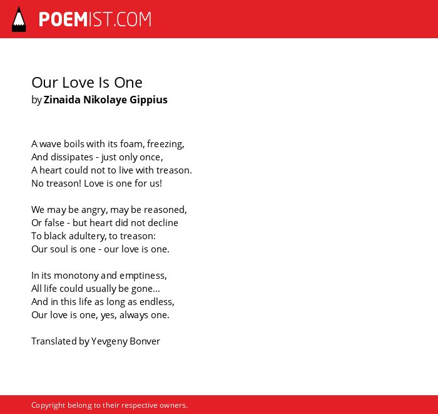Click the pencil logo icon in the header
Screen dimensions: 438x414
click(x=19, y=19)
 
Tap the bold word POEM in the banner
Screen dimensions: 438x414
click(x=63, y=19)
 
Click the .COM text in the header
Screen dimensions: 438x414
click(x=133, y=19)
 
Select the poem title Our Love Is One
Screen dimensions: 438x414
click(x=87, y=83)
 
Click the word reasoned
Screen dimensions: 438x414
click(x=165, y=210)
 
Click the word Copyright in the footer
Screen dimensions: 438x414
click(x=48, y=405)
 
